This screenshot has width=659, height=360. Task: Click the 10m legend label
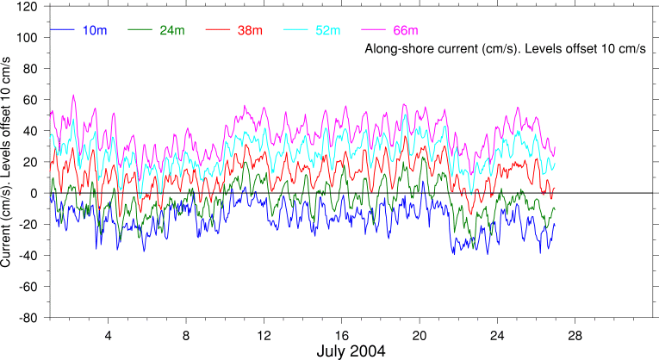click(95, 31)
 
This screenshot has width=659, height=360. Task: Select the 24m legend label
click(171, 31)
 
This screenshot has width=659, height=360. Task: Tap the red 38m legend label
click(249, 31)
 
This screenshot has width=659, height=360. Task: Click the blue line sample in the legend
click(63, 31)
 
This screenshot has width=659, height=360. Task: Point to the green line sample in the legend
click(140, 31)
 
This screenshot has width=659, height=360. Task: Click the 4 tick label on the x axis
click(109, 333)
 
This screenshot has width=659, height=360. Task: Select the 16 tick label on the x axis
click(342, 333)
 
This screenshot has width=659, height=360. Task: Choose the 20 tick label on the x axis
click(420, 333)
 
